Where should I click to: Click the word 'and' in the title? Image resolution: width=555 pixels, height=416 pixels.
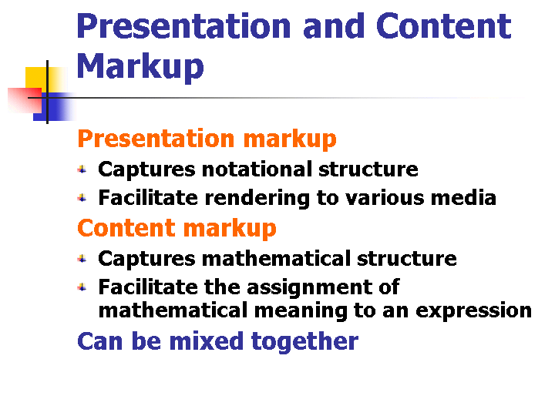point(334,26)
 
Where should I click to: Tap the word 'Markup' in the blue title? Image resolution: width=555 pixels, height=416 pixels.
point(140,66)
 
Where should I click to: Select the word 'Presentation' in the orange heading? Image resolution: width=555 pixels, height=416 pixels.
point(156,139)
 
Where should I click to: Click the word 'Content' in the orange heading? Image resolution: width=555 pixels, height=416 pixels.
point(126,228)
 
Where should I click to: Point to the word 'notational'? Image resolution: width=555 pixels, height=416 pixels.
point(257,169)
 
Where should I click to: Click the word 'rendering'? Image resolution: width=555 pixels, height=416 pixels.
point(257,199)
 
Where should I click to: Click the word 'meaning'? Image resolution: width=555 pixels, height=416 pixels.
point(301,311)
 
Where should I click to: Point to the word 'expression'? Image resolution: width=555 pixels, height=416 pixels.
point(473,311)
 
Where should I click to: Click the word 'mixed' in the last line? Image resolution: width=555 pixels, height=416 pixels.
point(207,341)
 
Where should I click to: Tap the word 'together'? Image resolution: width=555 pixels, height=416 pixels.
point(304,342)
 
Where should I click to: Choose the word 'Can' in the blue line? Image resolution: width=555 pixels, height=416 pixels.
point(100,341)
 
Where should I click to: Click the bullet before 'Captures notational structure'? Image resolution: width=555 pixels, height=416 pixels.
point(82,169)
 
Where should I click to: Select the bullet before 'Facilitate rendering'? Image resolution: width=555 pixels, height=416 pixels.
point(82,198)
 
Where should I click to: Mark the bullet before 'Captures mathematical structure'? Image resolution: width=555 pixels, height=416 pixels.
point(82,259)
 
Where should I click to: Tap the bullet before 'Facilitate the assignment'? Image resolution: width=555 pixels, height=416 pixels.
point(82,287)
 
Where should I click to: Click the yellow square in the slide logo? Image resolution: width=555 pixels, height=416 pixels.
point(36,78)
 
